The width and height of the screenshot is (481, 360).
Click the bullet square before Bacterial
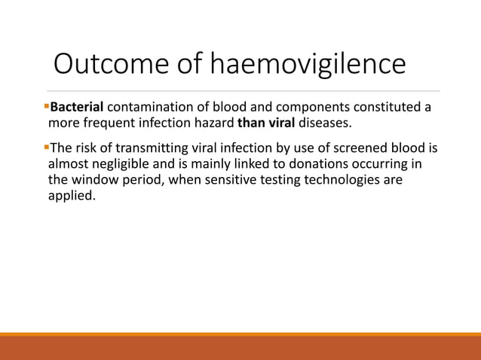[47, 106]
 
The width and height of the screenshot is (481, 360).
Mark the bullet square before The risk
[47, 147]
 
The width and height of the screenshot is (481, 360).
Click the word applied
[72, 197]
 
